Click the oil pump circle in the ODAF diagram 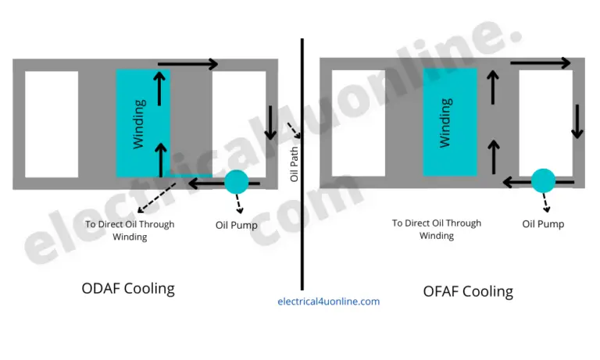[236, 183]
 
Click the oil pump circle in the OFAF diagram [543, 181]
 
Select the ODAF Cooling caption [128, 288]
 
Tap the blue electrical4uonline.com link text [328, 301]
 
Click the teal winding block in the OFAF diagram [449, 122]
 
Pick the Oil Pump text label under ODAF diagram [236, 225]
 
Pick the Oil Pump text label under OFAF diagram [543, 224]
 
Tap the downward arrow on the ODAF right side [270, 121]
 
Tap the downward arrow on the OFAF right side [577, 120]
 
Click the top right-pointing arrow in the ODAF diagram [187, 64]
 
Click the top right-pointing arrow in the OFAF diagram [540, 62]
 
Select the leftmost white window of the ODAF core [52, 124]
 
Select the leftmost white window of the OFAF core [359, 123]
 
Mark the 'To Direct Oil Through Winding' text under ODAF [130, 230]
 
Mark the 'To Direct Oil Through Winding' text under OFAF [437, 229]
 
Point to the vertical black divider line [302, 94]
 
